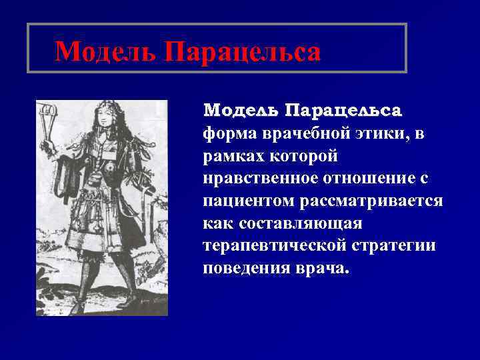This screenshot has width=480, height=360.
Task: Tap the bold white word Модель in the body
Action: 241,109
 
